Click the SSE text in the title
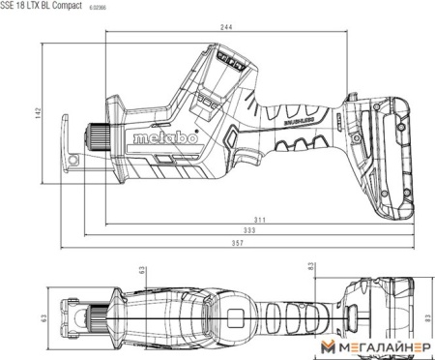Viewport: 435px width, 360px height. (9, 6)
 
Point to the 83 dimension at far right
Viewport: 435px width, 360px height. (426, 316)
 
